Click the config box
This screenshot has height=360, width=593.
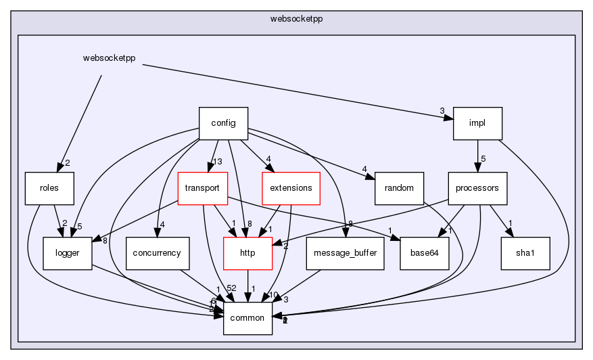223,123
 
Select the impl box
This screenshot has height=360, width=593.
477,123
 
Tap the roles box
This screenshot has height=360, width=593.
49,188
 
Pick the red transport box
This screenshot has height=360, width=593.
201,188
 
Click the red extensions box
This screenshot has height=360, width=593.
290,188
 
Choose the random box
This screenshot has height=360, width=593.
399,188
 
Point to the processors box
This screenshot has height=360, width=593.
477,188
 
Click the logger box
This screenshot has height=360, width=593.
68,253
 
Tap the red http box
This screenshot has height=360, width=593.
247,253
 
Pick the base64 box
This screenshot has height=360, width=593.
425,253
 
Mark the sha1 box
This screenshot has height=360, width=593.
525,253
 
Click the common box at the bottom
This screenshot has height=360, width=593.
247,318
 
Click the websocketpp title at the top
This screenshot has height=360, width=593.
296,18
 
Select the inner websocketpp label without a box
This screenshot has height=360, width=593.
109,58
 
